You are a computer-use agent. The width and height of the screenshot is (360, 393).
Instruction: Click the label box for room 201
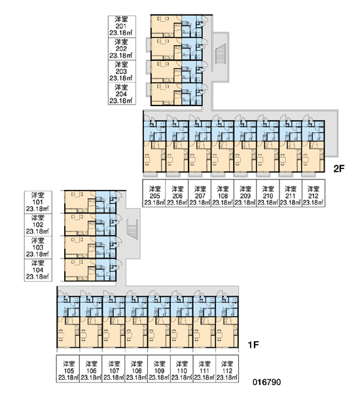point(122,27)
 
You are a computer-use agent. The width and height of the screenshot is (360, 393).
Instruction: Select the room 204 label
point(122,94)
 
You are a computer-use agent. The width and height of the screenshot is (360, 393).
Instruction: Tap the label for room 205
point(154,193)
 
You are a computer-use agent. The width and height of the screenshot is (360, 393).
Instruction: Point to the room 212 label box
point(314,193)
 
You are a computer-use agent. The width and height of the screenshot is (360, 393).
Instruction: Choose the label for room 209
point(245,193)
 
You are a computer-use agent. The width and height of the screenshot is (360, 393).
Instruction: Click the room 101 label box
point(38,202)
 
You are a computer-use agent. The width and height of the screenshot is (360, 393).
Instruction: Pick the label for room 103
point(38,248)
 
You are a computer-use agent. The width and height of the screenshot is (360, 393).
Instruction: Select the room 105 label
point(68,368)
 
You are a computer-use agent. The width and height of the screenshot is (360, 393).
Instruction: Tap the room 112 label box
point(227,368)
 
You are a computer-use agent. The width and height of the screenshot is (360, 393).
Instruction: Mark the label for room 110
point(181,368)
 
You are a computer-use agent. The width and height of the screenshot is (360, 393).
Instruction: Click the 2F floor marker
point(339,169)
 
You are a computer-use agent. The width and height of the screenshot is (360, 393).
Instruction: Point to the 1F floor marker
point(253,345)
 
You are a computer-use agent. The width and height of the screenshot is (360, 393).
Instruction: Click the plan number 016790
point(267,383)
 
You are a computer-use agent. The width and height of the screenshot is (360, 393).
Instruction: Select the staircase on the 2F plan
point(221,54)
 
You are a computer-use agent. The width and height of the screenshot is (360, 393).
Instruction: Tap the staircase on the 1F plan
point(132,230)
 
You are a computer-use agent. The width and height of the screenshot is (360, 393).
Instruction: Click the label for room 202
point(122,49)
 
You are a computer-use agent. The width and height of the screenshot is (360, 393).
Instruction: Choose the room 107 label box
point(113,368)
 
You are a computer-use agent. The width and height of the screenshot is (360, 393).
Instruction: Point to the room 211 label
point(291,193)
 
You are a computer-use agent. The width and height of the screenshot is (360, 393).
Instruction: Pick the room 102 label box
point(38,225)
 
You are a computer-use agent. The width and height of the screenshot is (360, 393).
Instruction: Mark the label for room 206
point(177,193)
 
